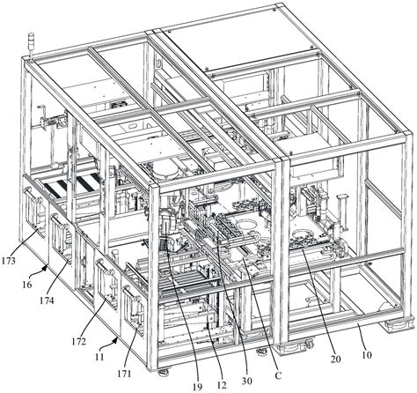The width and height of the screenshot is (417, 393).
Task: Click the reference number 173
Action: pyautogui.click(x=9, y=261)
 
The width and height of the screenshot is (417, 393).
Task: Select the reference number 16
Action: pyautogui.click(x=26, y=284)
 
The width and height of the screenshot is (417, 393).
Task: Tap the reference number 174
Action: pyautogui.click(x=48, y=300)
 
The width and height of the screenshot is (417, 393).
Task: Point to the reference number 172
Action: pyautogui.click(x=79, y=341)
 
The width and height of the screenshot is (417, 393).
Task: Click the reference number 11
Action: pyautogui.click(x=99, y=357)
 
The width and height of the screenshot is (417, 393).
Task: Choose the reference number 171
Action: pyautogui.click(x=124, y=374)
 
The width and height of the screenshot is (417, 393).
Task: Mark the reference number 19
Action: pyautogui.click(x=198, y=387)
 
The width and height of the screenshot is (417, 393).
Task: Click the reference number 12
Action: pyautogui.click(x=222, y=384)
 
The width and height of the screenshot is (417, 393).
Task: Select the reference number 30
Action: pyautogui.click(x=247, y=381)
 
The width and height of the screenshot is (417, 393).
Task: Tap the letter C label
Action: pyautogui.click(x=278, y=375)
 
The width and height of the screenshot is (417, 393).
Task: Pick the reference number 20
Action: pyautogui.click(x=335, y=359)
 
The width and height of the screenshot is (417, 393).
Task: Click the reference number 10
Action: pyautogui.click(x=367, y=355)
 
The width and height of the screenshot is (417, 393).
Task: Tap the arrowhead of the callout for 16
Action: pyautogui.click(x=46, y=266)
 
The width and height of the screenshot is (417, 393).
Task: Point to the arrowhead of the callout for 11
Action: pyautogui.click(x=117, y=339)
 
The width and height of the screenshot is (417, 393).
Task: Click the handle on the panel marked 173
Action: pyautogui.click(x=33, y=195)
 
